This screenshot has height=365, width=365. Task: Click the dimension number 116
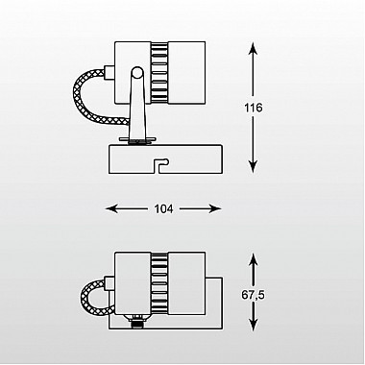click(x=254, y=108)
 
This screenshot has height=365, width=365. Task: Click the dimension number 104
click(x=163, y=209)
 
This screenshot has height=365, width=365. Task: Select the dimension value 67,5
click(x=254, y=295)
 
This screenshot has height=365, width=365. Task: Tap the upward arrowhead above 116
click(x=253, y=49)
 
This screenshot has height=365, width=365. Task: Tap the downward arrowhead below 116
click(x=253, y=166)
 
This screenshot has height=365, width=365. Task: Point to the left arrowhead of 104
click(x=112, y=209)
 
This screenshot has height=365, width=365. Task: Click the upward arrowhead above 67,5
click(x=254, y=260)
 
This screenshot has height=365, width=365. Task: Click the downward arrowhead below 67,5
click(x=254, y=323)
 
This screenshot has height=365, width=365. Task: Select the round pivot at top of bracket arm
click(x=137, y=72)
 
